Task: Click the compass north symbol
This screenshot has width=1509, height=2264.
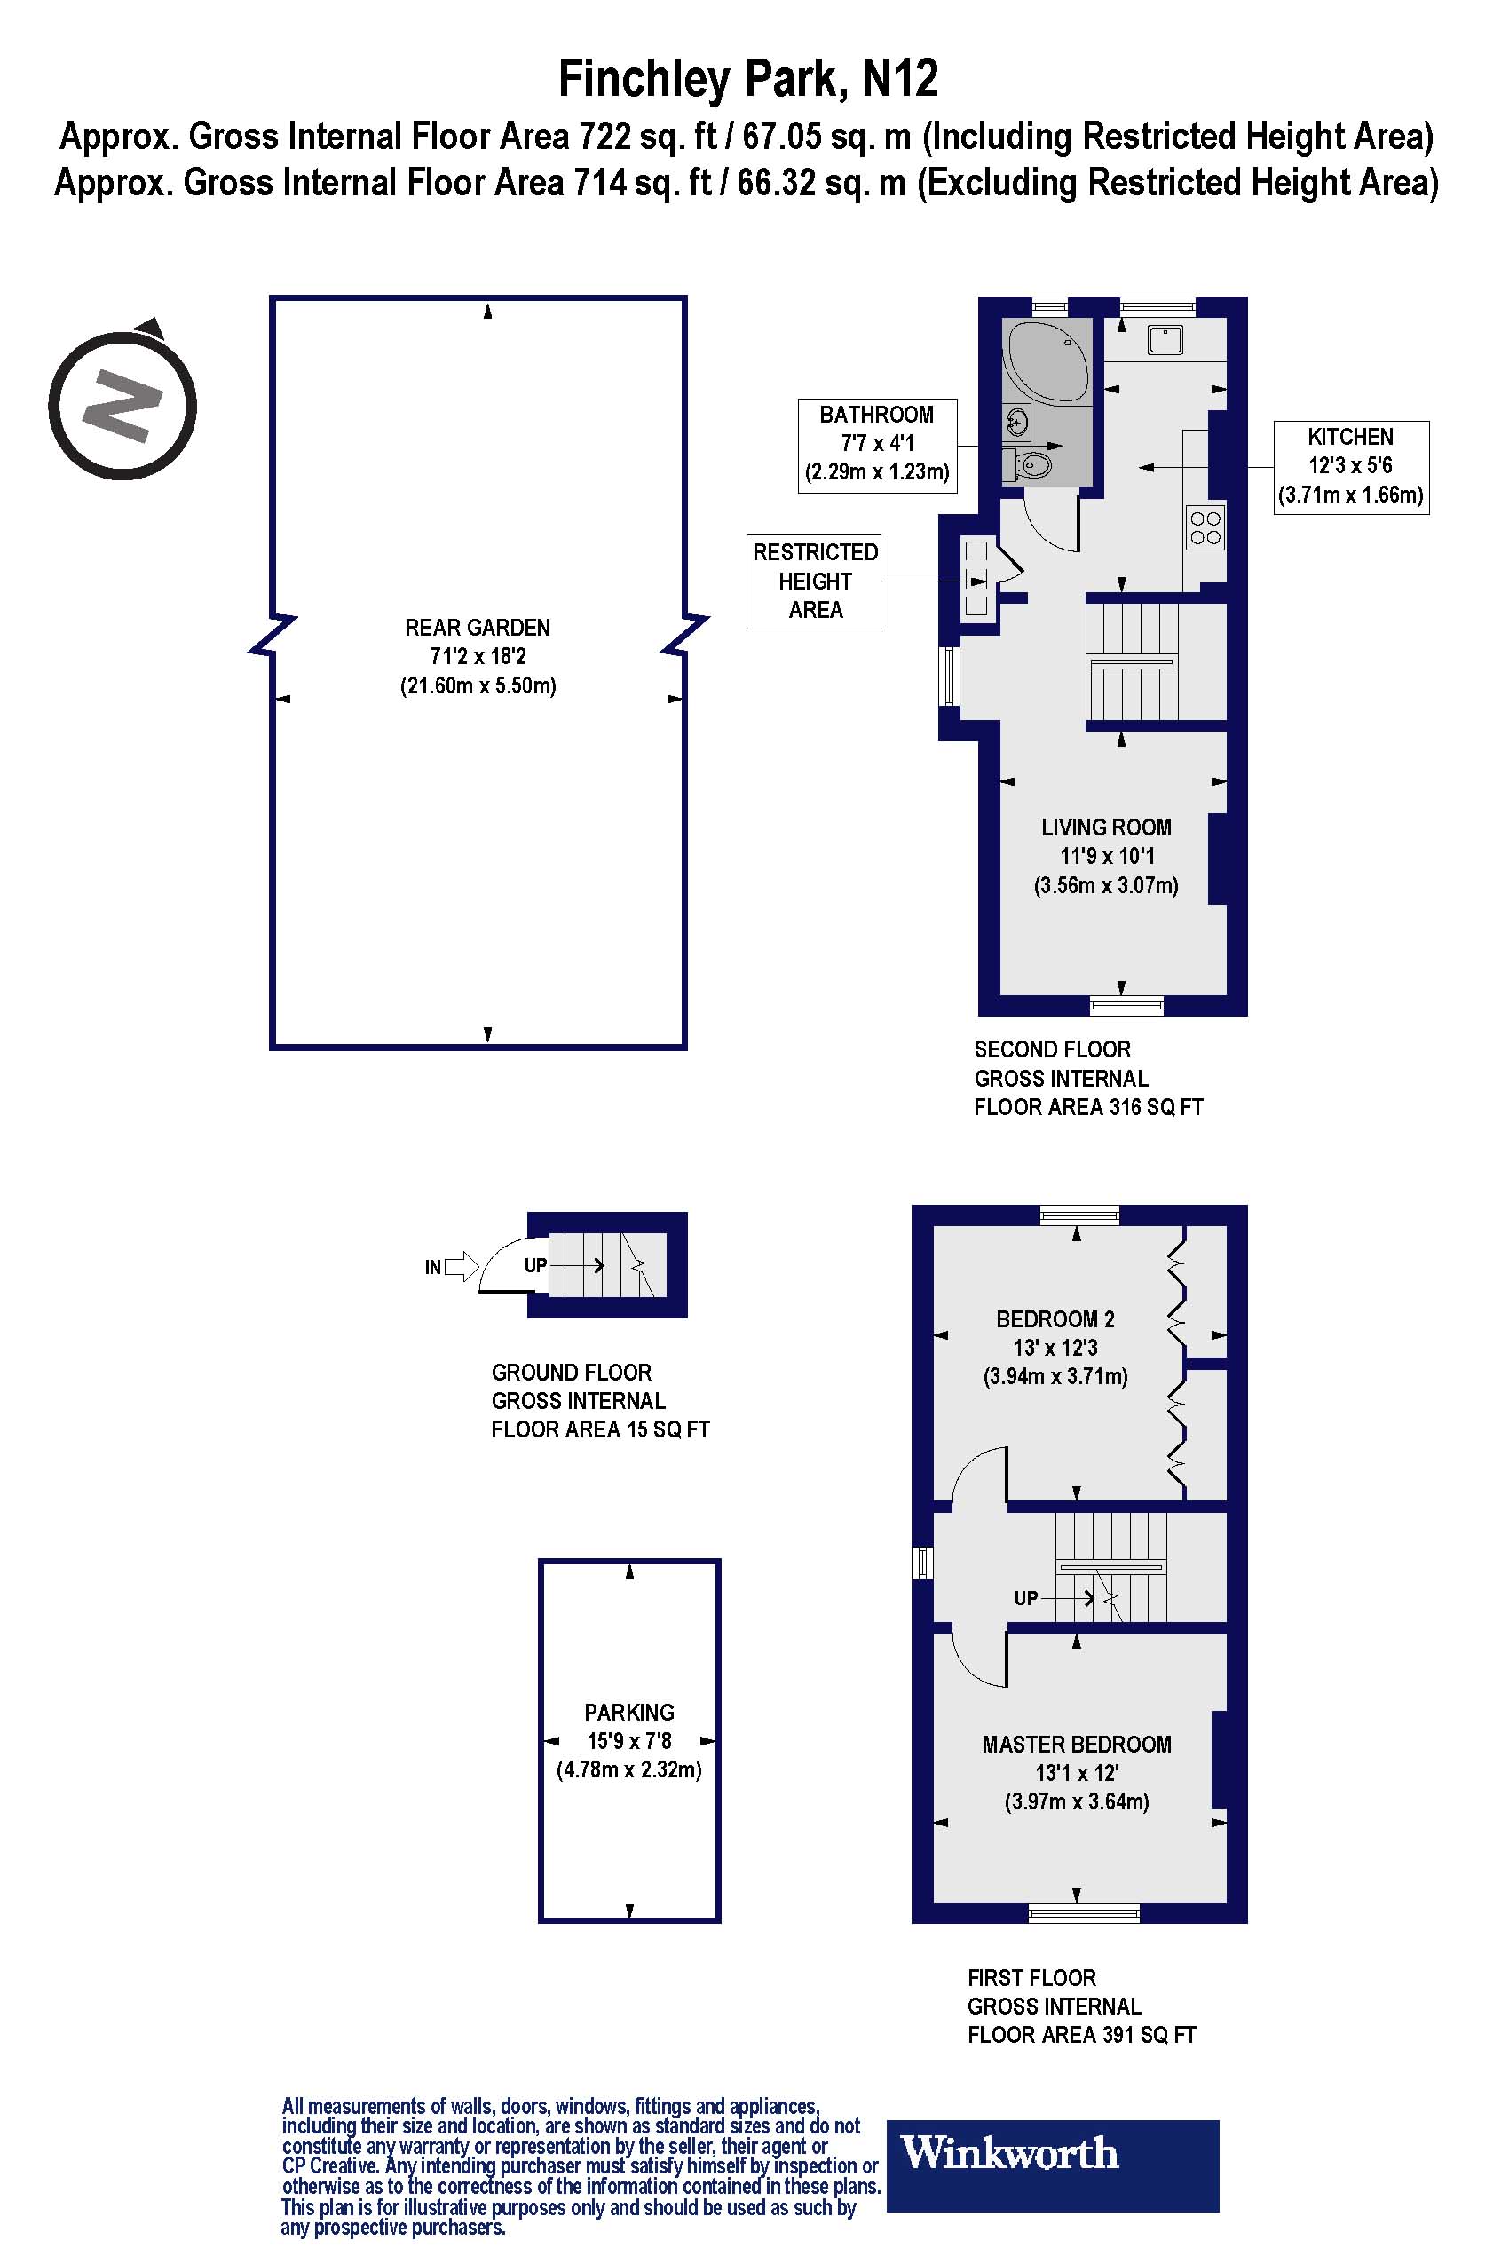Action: [x=122, y=404]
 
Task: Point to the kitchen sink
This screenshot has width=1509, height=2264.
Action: [x=1165, y=340]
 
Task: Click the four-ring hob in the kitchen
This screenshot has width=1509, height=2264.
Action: [x=1205, y=527]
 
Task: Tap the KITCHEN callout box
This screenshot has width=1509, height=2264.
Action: [x=1350, y=467]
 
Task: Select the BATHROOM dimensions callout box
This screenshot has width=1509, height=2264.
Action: [x=877, y=446]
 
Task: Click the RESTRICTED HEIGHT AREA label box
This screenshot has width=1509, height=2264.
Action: [x=814, y=582]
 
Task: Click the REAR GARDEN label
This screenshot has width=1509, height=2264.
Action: [x=478, y=628]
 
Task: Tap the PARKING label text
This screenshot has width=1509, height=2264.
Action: [x=628, y=1713]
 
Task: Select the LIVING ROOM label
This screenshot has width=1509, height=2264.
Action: [x=1106, y=827]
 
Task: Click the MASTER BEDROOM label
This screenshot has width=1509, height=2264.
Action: [x=1076, y=1745]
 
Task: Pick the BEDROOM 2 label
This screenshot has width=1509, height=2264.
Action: [x=1055, y=1318]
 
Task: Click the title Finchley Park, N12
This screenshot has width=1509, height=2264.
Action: [x=747, y=79]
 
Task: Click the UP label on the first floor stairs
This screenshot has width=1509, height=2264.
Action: [x=1026, y=1598]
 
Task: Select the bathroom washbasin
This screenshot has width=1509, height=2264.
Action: [x=1016, y=422]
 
